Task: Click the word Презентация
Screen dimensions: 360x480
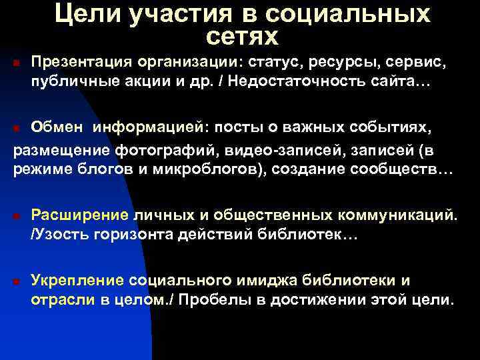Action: (81, 63)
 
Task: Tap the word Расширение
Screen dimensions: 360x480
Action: (80, 216)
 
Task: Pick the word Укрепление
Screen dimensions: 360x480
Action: (79, 280)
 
